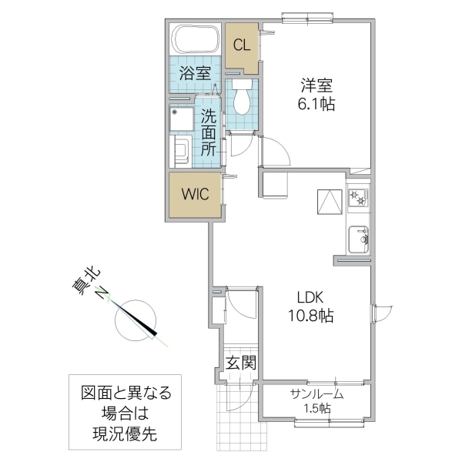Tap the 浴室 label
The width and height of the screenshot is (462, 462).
pos(196,74)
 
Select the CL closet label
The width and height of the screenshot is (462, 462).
pos(242,45)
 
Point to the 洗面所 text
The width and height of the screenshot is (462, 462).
pos(209,132)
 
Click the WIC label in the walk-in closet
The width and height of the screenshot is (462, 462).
pos(195,195)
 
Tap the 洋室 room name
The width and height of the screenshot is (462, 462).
pos(316,85)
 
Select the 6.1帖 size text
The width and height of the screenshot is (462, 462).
pos(316,105)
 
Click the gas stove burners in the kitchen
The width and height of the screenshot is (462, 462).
pos(358,199)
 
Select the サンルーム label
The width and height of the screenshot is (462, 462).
pos(316,394)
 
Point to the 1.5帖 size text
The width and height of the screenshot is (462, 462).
pos(316,409)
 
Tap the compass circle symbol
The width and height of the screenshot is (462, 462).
pos(136,319)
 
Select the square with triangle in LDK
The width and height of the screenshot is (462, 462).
pos(329,202)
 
